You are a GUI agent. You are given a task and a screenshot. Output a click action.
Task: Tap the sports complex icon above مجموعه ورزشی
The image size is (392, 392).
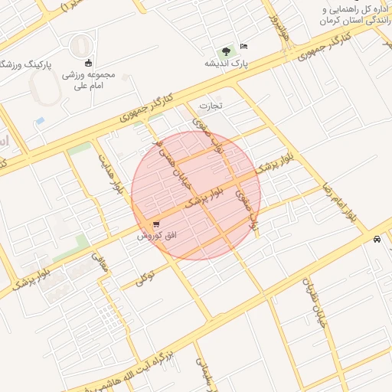(89, 63)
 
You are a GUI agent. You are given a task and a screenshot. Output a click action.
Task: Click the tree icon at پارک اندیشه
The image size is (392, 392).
(226, 51)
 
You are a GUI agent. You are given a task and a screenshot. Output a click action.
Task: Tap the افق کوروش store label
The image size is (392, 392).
(156, 236)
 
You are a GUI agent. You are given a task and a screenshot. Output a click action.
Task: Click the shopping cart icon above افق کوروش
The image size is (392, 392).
(156, 225)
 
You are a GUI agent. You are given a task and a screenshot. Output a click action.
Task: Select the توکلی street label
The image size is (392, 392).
(146, 276)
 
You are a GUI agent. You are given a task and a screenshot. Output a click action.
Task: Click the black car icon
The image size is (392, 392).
(377, 239)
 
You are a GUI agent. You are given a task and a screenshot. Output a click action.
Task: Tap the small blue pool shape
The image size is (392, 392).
(40, 121)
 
